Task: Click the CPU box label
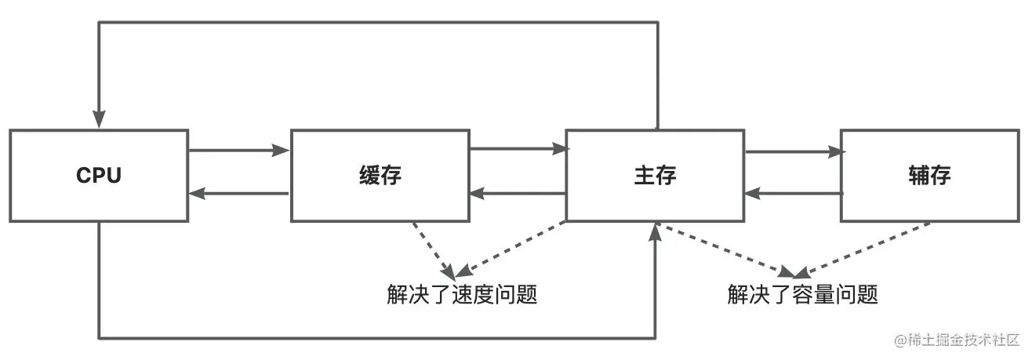(x=99, y=176)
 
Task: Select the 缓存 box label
(x=380, y=176)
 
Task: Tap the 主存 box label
(x=655, y=176)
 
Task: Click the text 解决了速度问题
(x=462, y=295)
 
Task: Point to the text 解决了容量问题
(x=802, y=295)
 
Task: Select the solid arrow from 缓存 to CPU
(x=239, y=194)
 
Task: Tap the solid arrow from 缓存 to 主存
(x=518, y=147)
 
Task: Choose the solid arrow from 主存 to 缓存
(x=518, y=194)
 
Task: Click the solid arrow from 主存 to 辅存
(x=792, y=152)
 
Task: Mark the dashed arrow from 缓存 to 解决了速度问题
(x=434, y=249)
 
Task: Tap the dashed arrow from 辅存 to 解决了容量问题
(x=863, y=249)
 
